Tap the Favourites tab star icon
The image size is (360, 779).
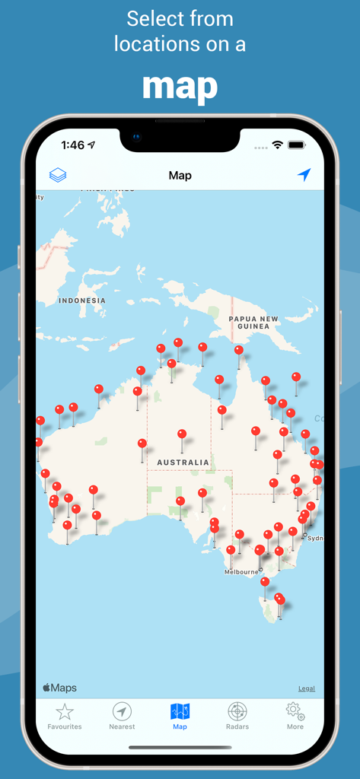point(65,712)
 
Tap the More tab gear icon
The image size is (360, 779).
point(295,711)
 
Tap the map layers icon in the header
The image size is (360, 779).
point(58,175)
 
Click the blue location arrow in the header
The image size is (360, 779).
point(304,175)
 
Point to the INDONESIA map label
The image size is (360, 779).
point(82,300)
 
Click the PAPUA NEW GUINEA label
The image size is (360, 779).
point(253,323)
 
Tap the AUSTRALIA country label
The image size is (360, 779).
point(183,463)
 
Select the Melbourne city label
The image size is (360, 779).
point(241,571)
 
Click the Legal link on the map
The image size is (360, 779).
point(306,688)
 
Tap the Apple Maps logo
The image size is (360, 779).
point(59,688)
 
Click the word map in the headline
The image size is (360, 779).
point(180,86)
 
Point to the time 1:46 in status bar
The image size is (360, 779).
point(73,145)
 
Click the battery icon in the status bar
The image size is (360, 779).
point(296,145)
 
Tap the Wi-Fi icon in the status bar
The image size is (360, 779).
point(278,145)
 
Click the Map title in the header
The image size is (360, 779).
point(180,176)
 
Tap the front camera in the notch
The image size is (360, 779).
point(137,138)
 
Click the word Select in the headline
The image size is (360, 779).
point(154,18)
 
